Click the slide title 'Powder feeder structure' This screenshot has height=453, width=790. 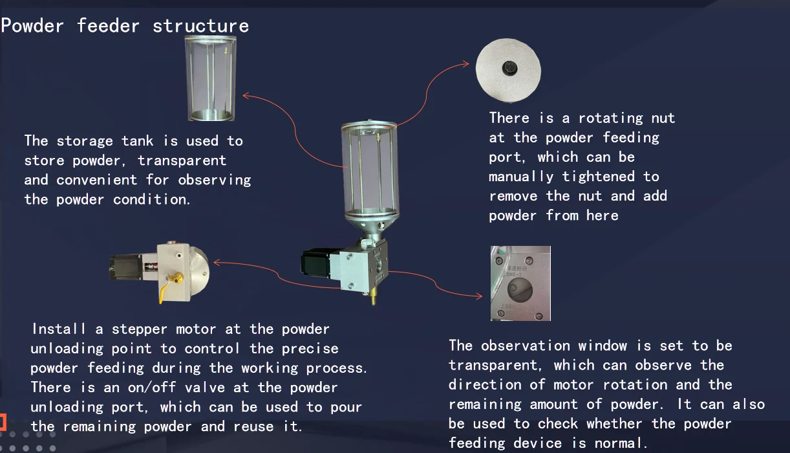click(x=125, y=26)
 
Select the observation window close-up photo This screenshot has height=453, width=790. click(x=520, y=283)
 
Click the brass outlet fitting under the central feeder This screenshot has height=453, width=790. click(x=372, y=298)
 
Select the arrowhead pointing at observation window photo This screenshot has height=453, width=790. click(x=480, y=296)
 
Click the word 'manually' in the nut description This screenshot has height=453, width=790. click(x=521, y=176)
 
